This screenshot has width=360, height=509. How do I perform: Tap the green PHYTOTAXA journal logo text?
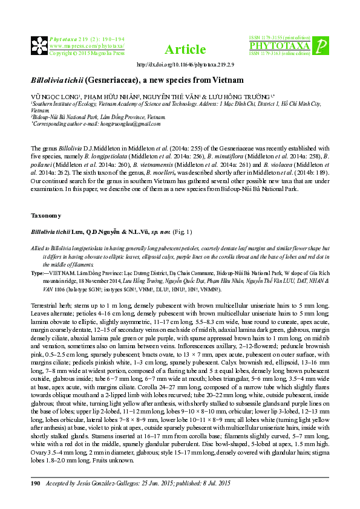[x=280, y=46]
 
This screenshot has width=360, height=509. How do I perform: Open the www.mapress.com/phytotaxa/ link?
[x=87, y=45]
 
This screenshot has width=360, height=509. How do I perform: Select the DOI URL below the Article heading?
[x=186, y=64]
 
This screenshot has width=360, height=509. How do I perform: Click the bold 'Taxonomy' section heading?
[x=45, y=215]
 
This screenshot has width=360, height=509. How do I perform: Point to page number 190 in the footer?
[x=34, y=484]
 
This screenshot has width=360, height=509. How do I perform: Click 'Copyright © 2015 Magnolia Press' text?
[x=87, y=53]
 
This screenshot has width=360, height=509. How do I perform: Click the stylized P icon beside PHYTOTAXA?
[x=323, y=45]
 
